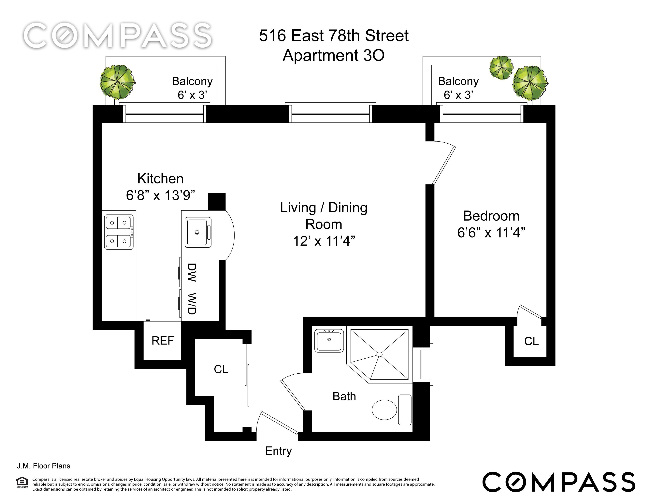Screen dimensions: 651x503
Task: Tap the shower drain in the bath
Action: pos(379,354)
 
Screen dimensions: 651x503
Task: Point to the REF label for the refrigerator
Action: pos(163,341)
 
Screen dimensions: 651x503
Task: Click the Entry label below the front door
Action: pos(278,451)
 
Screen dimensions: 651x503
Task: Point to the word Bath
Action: pos(344,396)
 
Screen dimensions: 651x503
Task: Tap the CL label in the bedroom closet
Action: pos(531,341)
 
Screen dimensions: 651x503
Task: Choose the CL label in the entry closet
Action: pos(221,369)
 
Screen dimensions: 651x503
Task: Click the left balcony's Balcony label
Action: pos(192,81)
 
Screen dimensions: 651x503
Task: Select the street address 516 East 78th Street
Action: pos(334,36)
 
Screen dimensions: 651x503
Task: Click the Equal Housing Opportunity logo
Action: pos(22,482)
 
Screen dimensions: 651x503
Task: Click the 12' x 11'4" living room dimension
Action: pos(324,241)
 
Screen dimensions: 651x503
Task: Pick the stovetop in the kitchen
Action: pos(119,232)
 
